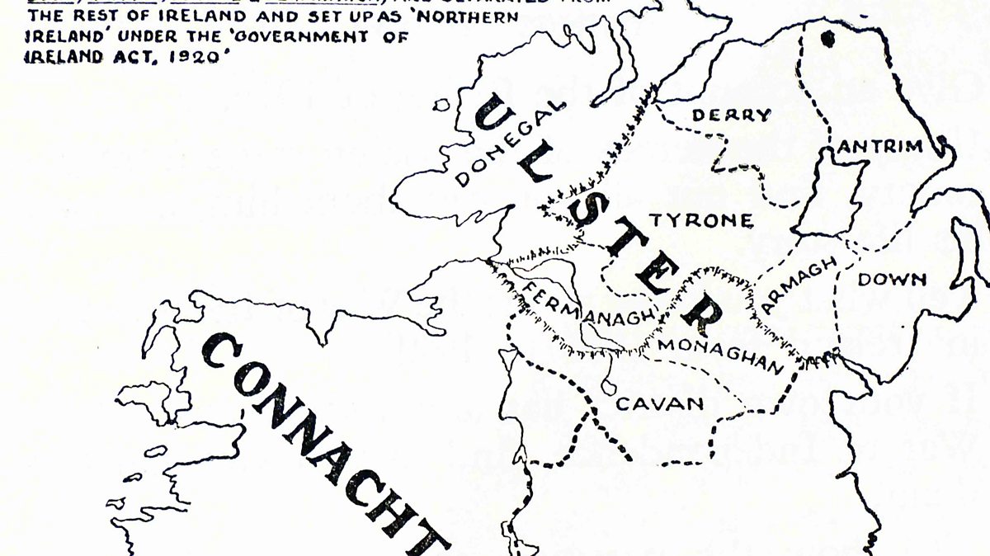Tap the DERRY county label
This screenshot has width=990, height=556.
(x=731, y=115)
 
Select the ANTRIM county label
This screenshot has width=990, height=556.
(x=879, y=147)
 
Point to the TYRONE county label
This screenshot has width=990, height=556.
(x=700, y=221)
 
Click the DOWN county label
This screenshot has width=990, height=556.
(x=893, y=280)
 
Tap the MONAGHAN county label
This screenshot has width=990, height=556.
(x=719, y=355)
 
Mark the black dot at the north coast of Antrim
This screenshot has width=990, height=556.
(x=827, y=37)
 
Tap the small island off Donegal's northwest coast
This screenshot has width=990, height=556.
(x=443, y=106)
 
